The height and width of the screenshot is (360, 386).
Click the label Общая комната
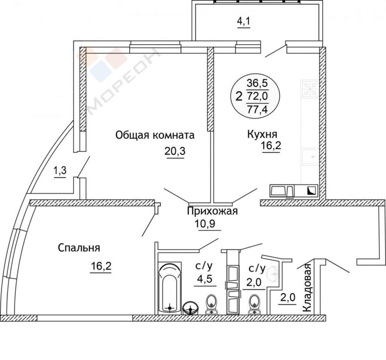coord(155,135)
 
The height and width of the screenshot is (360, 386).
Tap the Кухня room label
coord(262,134)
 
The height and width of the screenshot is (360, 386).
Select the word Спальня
coord(79,248)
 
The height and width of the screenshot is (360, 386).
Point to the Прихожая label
coord(212,211)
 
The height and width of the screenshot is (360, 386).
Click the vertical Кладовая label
coord(307,288)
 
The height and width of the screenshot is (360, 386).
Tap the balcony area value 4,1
coord(244,22)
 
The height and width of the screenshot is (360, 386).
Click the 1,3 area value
coord(60,171)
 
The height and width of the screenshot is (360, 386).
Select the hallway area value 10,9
coord(205,224)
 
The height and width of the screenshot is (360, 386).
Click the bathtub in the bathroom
coord(170,288)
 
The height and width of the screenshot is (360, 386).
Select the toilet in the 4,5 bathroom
coord(211,304)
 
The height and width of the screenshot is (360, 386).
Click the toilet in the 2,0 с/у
coord(254,304)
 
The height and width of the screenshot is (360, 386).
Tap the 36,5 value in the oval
coord(257,83)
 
